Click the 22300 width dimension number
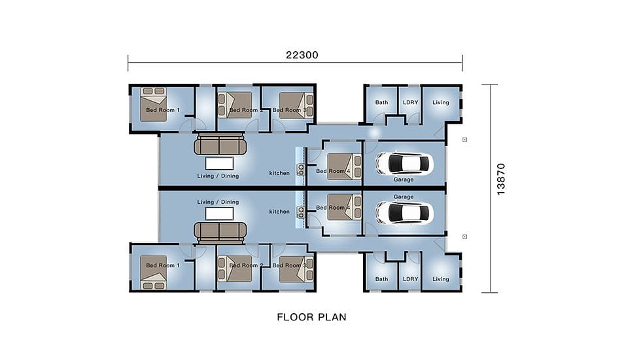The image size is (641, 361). (x=302, y=55)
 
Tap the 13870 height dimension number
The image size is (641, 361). (x=501, y=180)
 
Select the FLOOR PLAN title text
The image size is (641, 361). (x=311, y=317)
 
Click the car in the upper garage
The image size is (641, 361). (x=404, y=163)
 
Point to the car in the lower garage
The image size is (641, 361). (x=404, y=213)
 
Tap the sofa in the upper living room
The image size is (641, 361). (x=220, y=144)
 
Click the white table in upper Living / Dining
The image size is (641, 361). (x=220, y=163)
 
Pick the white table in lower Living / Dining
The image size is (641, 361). (x=220, y=214)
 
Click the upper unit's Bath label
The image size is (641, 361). (x=381, y=102)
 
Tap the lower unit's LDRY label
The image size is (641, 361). (x=411, y=279)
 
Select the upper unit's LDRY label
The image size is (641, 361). (x=411, y=102)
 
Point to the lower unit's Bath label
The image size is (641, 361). (x=381, y=279)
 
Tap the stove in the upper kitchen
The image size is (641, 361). (x=300, y=170)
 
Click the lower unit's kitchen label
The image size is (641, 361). (x=279, y=212)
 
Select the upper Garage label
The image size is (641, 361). (x=404, y=180)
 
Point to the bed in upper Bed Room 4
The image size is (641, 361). (x=344, y=166)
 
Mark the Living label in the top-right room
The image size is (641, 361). (x=441, y=102)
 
